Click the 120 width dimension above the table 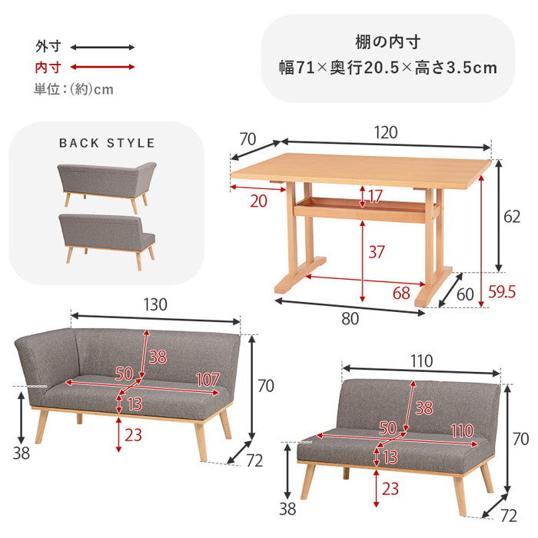point(387,132)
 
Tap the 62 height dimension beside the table point(512,217)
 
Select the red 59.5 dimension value point(502,292)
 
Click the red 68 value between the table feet point(400,292)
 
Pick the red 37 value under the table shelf point(376,251)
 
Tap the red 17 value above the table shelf point(374,196)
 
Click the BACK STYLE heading point(107,143)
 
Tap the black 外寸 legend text point(48,46)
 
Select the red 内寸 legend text point(48,68)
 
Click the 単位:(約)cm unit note point(74,89)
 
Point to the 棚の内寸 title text point(387,42)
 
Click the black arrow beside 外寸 point(104,47)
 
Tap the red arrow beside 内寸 point(104,68)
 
